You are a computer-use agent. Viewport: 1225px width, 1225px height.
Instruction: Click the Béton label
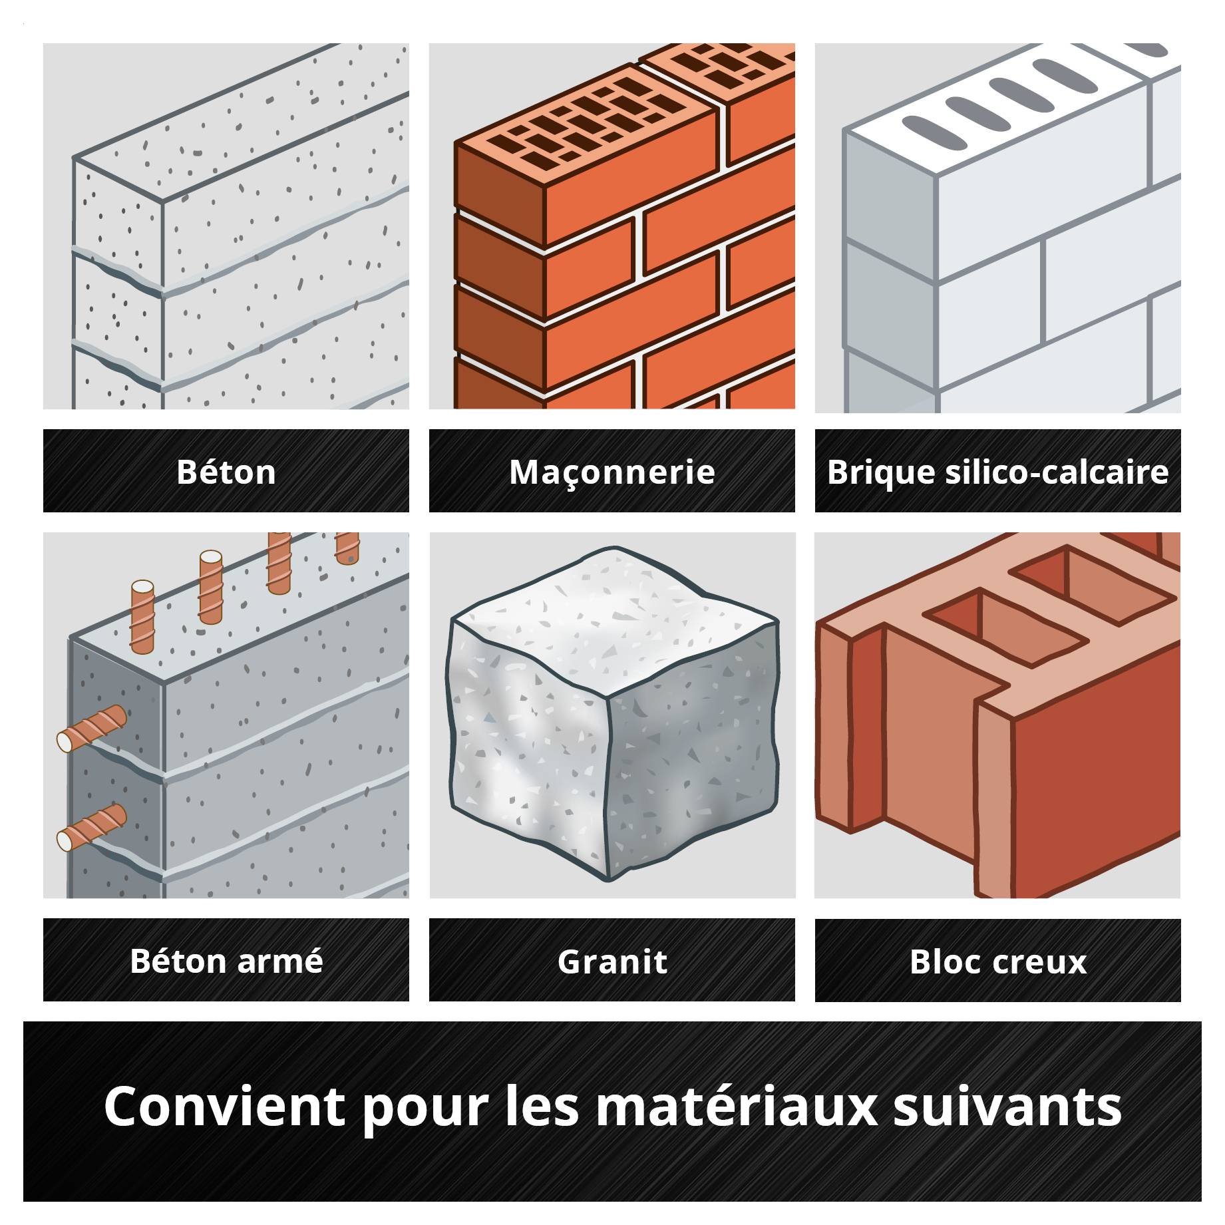[226, 471]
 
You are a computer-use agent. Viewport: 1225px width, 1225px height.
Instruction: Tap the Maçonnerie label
[612, 471]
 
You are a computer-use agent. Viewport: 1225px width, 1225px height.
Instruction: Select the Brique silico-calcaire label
[997, 471]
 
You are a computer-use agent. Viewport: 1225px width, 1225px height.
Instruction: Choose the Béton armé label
[226, 960]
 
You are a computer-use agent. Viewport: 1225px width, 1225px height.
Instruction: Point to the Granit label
[612, 960]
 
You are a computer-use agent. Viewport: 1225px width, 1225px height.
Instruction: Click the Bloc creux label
[997, 960]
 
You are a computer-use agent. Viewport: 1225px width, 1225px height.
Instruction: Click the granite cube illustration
[612, 719]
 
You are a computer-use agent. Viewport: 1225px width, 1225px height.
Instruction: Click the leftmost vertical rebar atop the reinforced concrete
[142, 615]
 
